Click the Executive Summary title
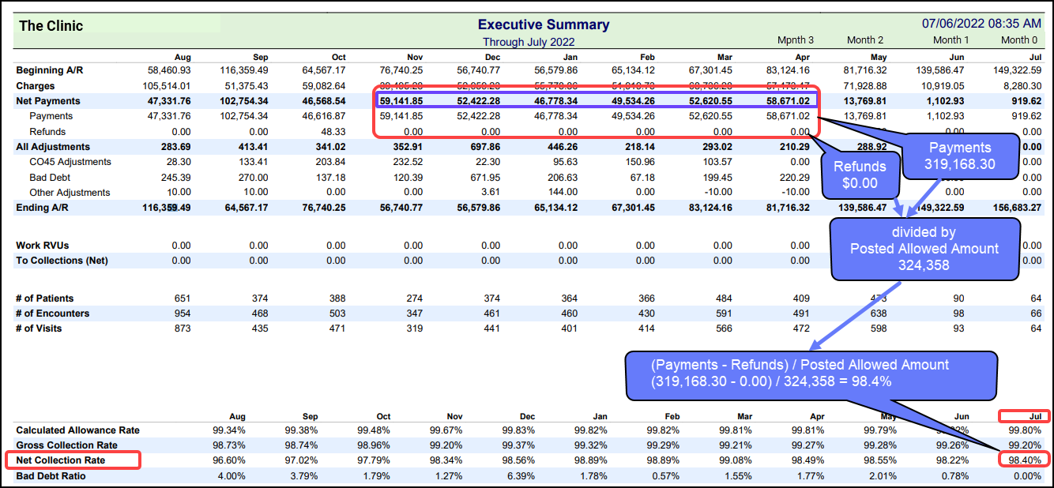[544, 24]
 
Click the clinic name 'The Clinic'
[51, 25]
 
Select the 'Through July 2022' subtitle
[529, 42]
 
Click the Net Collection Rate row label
[61, 460]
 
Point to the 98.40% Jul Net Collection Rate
[1024, 460]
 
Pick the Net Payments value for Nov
[401, 101]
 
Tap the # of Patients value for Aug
[182, 298]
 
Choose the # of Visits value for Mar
[722, 328]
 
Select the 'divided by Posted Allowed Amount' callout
[924, 249]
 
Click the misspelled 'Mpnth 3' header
[795, 40]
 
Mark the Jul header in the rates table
[1024, 416]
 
